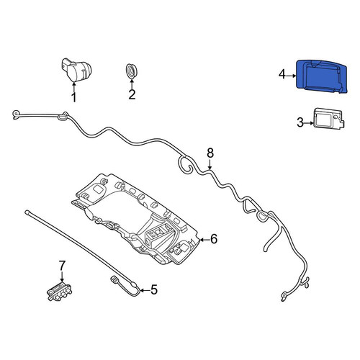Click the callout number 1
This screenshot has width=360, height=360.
(74, 97)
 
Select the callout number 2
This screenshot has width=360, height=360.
(132, 94)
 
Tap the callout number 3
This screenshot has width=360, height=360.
(300, 122)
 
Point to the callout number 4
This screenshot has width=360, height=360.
(282, 74)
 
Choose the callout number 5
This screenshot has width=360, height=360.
(154, 289)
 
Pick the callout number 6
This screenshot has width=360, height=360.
(214, 238)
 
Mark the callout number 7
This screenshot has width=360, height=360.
(62, 266)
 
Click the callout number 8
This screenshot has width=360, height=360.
(210, 153)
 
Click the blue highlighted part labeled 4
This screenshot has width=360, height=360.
(322, 76)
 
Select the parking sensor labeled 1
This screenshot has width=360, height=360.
(76, 69)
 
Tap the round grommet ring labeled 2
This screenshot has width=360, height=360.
(132, 71)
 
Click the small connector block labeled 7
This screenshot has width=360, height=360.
(59, 292)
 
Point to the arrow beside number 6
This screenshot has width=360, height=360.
(204, 239)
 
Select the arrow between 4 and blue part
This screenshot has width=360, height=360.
(292, 76)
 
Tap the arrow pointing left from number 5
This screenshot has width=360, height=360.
(145, 290)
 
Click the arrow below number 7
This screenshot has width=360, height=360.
(62, 276)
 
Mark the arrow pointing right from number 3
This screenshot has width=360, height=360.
(309, 123)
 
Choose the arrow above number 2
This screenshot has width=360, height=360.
(132, 84)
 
